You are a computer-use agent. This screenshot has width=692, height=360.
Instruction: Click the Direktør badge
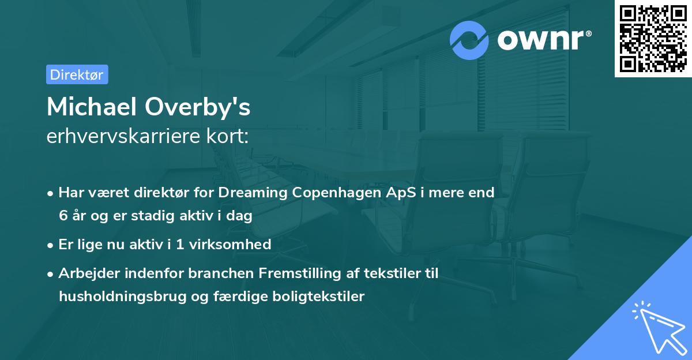tap(77, 74)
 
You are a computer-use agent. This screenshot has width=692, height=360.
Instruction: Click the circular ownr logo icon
tap(470, 40)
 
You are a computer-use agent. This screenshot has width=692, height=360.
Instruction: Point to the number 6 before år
tap(62, 216)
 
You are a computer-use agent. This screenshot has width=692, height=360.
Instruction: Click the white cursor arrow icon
tap(657, 326)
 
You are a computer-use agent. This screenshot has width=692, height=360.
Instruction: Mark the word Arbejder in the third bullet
tap(85, 273)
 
